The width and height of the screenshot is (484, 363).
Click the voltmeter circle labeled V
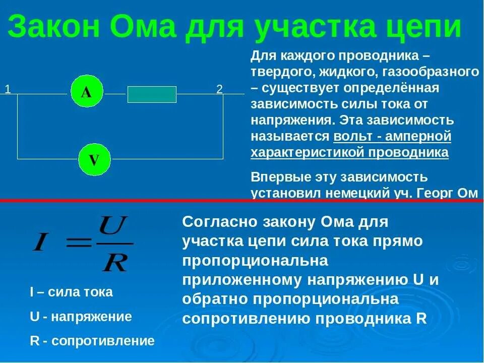94,160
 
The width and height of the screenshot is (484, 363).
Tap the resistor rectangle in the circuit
152,94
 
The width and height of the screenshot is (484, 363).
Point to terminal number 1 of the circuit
8,90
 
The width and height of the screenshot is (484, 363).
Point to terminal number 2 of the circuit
219,90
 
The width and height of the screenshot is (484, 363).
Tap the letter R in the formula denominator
114,263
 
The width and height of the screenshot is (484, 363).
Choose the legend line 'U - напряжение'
81,317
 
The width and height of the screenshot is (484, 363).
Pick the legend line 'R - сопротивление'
92,341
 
